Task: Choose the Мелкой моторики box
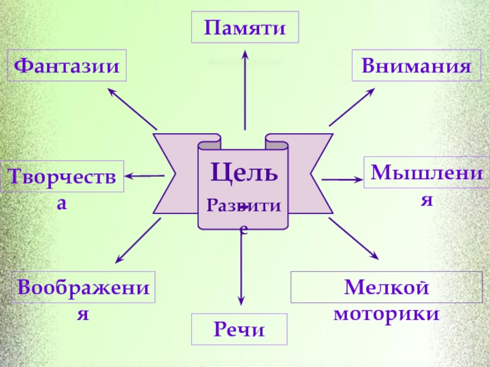coord(386,287)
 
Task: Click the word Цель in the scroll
coord(244,172)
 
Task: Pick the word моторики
coord(386,314)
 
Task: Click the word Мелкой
coord(386,286)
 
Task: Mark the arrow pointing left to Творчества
coord(145,176)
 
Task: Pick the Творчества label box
coord(62,177)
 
